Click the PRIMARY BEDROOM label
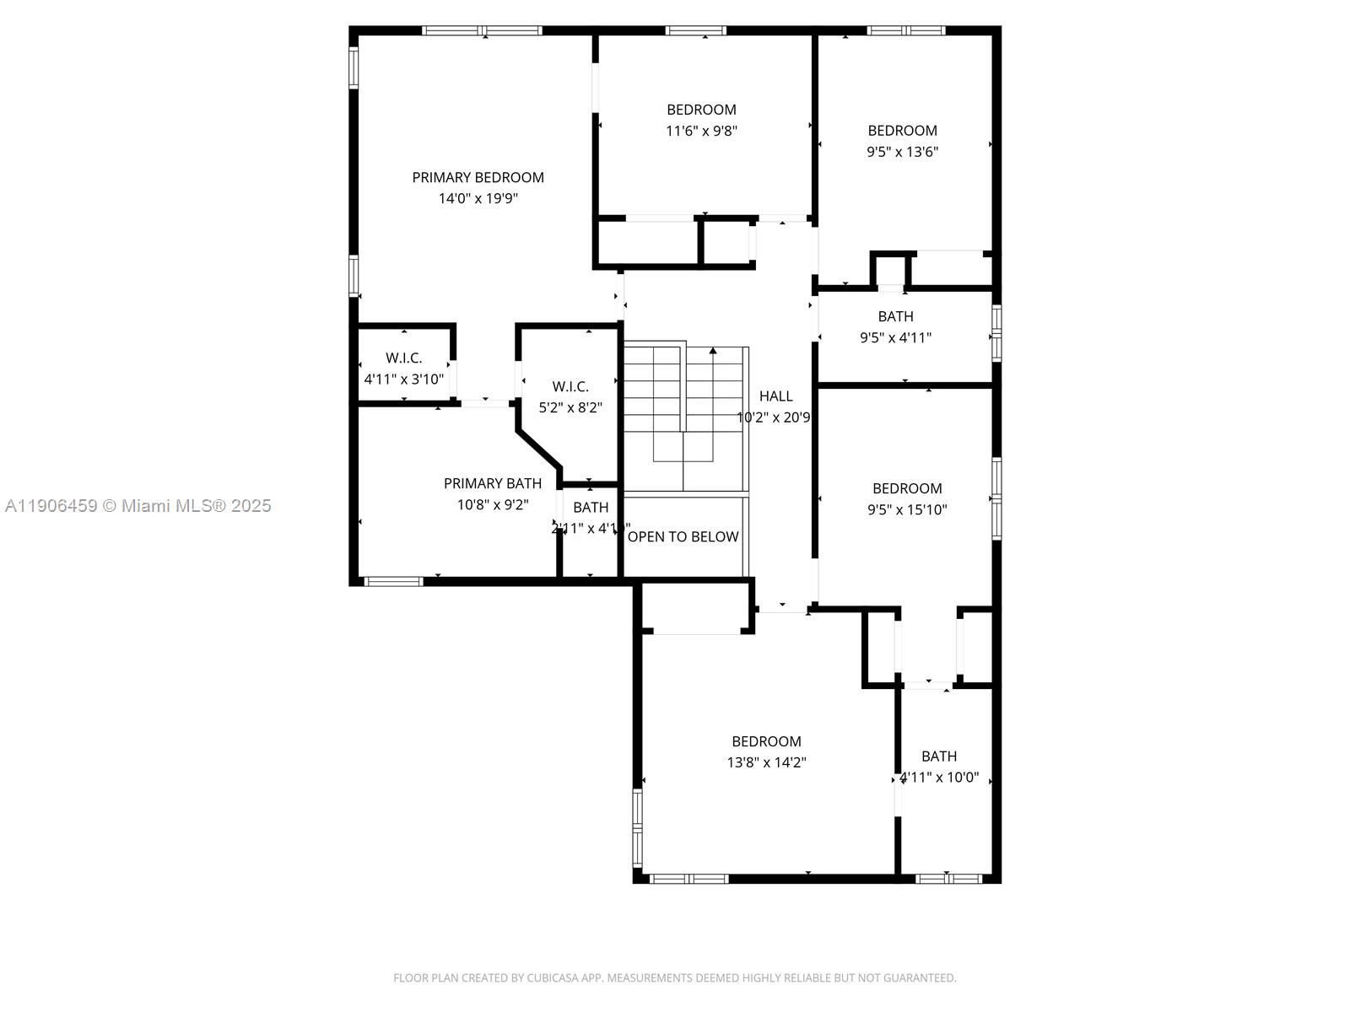[x=478, y=177]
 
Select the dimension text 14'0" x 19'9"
[x=478, y=199]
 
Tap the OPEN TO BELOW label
[x=683, y=537]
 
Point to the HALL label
[x=775, y=396]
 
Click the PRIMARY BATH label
[x=493, y=483]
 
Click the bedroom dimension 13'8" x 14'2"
[x=766, y=762]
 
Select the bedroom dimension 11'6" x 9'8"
[x=701, y=131]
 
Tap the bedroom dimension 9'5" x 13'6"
[x=902, y=152]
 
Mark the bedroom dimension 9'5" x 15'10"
[x=907, y=509]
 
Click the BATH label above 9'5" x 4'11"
[x=895, y=316]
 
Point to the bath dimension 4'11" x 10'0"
[x=939, y=778]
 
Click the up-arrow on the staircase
[x=713, y=350]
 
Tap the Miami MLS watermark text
[x=138, y=506]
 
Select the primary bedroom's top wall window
[x=482, y=31]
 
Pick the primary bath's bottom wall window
[x=393, y=581]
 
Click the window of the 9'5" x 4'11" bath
[x=996, y=332]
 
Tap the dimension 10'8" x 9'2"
[x=493, y=505]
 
